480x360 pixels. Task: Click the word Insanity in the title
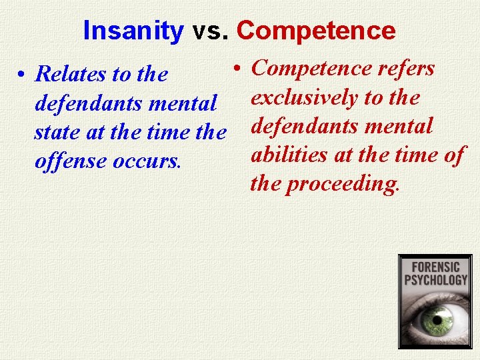(x=133, y=31)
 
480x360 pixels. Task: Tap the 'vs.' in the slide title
(x=210, y=31)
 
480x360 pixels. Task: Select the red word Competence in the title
(x=315, y=31)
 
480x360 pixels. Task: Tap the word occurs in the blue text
(x=147, y=161)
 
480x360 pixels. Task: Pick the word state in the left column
(x=53, y=133)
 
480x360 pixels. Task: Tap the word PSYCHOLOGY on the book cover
(x=435, y=279)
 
